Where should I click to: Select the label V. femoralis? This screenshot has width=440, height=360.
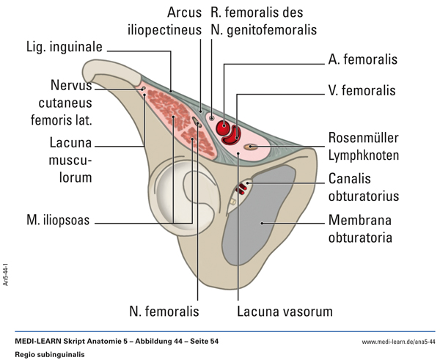tap(362, 92)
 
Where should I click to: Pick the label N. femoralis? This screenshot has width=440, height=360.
tap(164, 312)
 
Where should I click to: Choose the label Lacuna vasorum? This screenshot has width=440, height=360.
tap(285, 312)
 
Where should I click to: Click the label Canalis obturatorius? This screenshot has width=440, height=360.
tap(363, 187)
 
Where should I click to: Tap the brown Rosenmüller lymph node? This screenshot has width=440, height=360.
tap(252, 147)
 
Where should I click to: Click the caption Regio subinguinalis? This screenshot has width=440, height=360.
tap(50, 354)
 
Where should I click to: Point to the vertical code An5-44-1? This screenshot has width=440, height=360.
tap(7, 279)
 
